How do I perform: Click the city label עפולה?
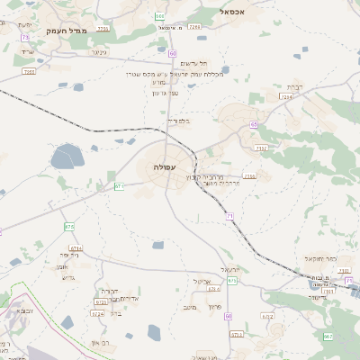coord(166,167)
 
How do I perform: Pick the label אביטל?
coord(202,281)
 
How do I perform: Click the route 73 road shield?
coord(26,37)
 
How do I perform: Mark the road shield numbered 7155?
coord(248,176)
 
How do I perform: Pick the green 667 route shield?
coord(328,336)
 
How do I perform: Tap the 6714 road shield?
coord(76,248)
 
